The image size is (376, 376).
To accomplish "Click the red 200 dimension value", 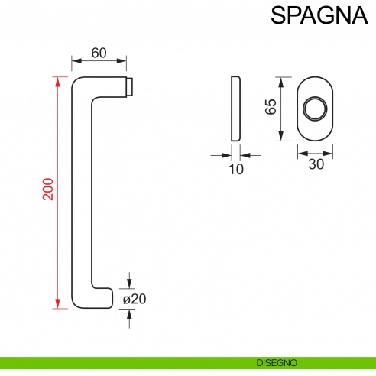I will click(48, 190).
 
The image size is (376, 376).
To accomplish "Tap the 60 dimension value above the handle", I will click(99, 53).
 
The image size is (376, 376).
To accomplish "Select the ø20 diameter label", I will click(134, 299).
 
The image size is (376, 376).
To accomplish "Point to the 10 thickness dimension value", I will click(236, 169).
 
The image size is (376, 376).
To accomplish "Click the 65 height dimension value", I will click(270, 107).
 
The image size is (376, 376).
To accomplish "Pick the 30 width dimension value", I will click(315, 164).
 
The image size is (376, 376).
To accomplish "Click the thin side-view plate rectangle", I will click(235, 108).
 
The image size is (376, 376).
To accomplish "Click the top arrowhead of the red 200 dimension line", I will click(57, 79).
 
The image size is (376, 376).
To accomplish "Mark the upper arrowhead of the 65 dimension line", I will click(283, 79).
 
